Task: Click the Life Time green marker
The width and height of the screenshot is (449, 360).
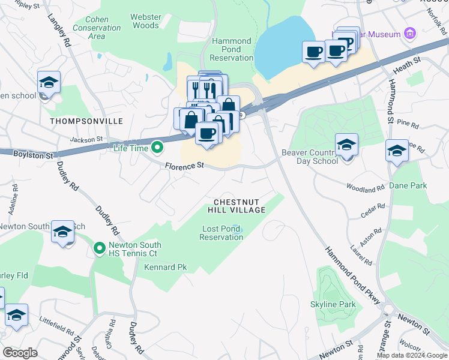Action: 157,146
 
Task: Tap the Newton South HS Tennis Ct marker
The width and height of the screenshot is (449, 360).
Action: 100,247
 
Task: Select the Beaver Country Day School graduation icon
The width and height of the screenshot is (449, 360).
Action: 346,145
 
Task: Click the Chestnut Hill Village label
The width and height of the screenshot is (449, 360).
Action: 237,206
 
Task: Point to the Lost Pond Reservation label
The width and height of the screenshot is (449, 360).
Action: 221,233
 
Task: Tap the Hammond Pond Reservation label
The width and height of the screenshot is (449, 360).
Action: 232,49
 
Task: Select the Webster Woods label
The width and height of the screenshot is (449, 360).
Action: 145,21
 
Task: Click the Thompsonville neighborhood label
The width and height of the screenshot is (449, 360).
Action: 86,121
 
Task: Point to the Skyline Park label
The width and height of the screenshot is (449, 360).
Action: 333,304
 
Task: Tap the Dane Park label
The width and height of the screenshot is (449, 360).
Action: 408,185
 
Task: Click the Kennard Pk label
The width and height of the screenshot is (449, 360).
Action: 166,267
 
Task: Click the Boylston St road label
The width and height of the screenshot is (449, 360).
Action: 29,154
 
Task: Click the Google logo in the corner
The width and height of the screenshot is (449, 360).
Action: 20,353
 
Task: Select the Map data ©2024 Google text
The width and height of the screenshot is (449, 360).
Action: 411,355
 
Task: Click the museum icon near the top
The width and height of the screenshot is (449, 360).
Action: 411,33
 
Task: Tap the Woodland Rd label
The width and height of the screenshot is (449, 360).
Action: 365,189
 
